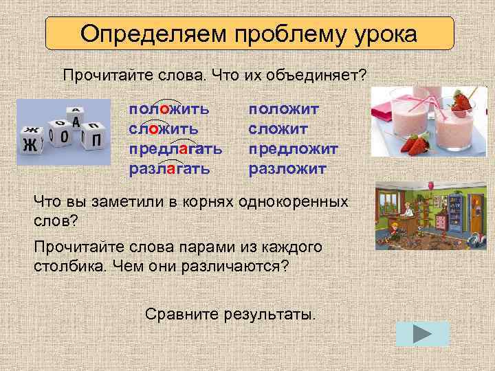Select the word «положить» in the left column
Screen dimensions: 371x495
tap(168, 109)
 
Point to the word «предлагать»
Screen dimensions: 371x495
tap(175, 148)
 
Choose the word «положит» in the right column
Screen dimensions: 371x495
tap(283, 109)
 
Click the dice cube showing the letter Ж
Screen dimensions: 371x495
tap(30, 143)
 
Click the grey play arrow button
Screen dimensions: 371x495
tap(423, 333)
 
